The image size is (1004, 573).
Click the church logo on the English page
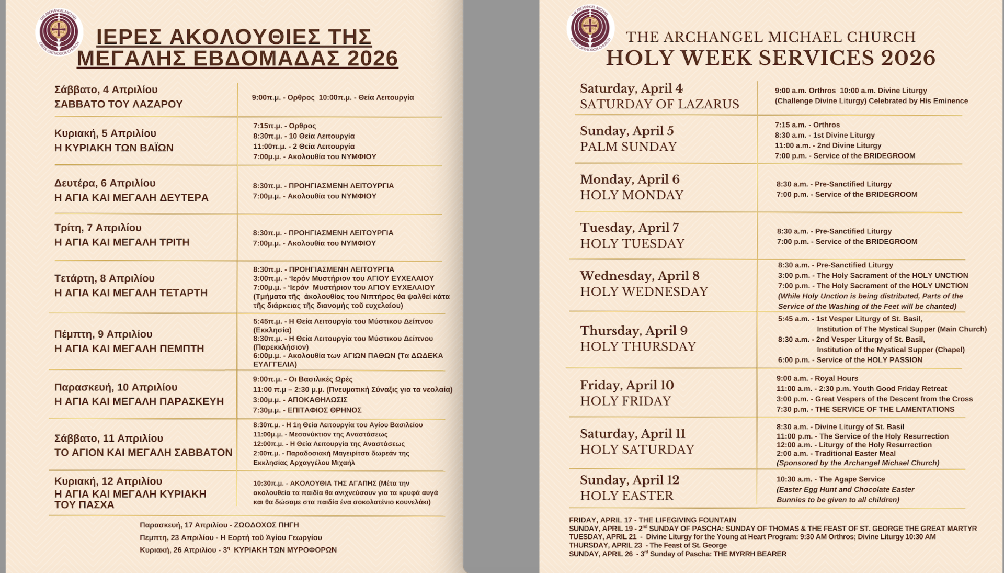click(x=590, y=28)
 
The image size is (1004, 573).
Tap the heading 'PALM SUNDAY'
click(x=628, y=147)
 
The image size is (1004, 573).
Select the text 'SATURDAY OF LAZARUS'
click(x=659, y=104)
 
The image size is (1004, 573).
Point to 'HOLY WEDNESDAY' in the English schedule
click(x=644, y=292)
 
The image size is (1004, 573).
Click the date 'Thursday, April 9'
click(x=633, y=331)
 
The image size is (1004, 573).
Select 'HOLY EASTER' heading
click(x=626, y=496)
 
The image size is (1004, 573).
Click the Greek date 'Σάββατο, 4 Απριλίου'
click(x=106, y=89)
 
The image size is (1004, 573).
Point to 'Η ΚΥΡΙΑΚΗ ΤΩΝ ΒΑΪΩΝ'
click(x=114, y=148)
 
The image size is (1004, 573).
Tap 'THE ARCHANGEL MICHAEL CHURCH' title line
click(x=771, y=37)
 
